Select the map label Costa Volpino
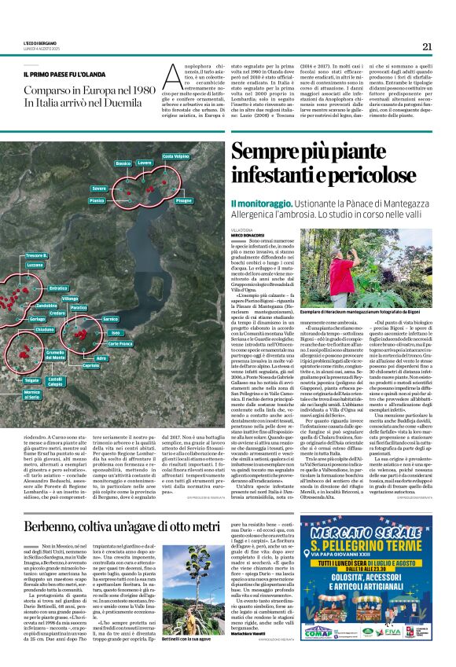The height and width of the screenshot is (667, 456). click(175, 156)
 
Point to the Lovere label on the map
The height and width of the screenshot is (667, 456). click(144, 163)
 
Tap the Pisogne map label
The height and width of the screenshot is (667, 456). click(183, 200)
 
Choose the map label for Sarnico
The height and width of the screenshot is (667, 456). click(110, 318)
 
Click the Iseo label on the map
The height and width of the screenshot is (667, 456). click(116, 333)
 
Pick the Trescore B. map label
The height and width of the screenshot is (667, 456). click(36, 256)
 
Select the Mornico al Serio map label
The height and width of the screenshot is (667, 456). click(31, 394)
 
